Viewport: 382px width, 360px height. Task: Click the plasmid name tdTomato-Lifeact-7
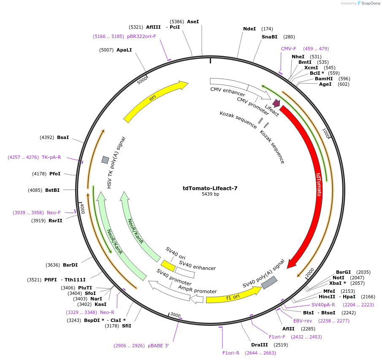click(x=210, y=188)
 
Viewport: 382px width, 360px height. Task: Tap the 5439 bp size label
click(x=210, y=194)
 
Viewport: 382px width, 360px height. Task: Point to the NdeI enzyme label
click(x=249, y=29)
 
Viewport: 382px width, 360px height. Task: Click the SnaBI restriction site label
click(x=269, y=37)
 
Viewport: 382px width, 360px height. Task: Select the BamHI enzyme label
click(x=324, y=79)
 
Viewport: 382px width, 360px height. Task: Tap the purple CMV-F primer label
click(x=289, y=49)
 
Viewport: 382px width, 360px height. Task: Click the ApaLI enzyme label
click(x=124, y=50)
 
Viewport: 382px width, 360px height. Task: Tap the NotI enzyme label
click(x=339, y=278)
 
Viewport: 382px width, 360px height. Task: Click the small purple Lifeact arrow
click(x=276, y=103)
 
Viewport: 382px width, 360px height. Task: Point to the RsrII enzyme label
click(x=55, y=221)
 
